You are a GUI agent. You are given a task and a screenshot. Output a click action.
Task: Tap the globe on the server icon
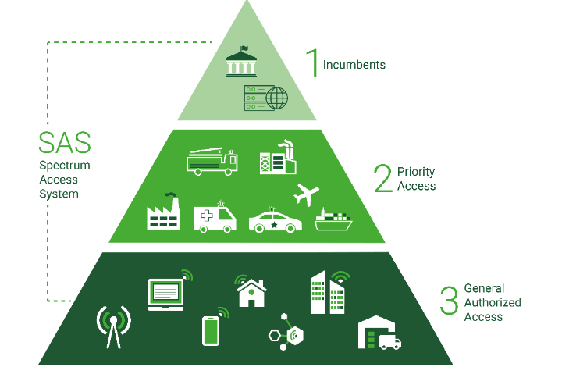(276, 98)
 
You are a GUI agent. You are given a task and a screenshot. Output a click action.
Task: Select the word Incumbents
(354, 65)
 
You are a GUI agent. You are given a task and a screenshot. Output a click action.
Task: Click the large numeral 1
(312, 62)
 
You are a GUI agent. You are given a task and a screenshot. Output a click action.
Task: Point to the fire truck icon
(212, 162)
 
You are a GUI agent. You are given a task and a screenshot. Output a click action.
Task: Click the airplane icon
(306, 195)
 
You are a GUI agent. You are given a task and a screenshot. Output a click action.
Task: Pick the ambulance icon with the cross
(215, 217)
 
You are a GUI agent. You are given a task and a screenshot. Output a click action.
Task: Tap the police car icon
(276, 221)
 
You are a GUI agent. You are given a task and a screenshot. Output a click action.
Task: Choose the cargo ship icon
(333, 219)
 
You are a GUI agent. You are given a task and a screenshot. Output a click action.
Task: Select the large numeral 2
(382, 178)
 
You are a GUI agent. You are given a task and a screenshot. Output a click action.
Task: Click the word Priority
(416, 172)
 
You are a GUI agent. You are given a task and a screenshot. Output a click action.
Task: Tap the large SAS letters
(65, 143)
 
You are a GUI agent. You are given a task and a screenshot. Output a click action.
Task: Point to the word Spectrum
(65, 166)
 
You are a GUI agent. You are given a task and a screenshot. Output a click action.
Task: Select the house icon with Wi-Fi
(251, 291)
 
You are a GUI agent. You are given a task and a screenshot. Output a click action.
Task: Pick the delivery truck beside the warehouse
(390, 342)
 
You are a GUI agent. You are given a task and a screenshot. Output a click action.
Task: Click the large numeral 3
(450, 301)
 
